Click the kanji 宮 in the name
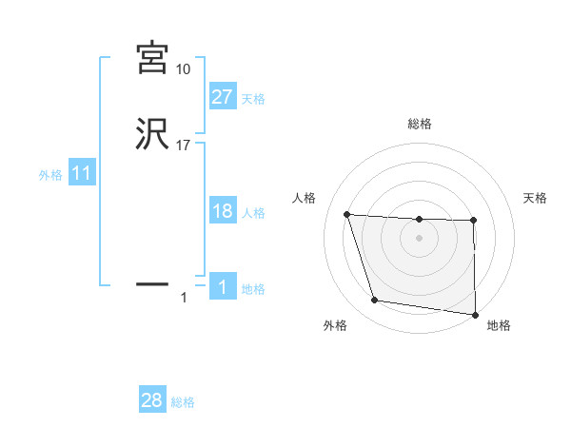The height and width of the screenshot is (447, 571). coord(152,59)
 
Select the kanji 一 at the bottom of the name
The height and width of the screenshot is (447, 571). coord(152,283)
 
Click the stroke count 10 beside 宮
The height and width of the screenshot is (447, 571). coord(183,69)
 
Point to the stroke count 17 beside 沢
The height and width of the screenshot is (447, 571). coord(183,146)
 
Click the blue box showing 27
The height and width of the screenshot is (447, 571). coord(222,97)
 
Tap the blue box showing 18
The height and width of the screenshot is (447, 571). coord(222,211)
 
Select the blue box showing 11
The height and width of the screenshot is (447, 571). coord(81,174)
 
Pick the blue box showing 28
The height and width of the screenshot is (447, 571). coord(151,400)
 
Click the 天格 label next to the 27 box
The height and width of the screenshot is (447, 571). coord(253,98)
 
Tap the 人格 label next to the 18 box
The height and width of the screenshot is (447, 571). coord(253,212)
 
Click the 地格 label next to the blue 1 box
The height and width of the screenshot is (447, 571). coord(253,289)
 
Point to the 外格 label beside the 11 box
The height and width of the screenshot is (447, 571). coord(49,175)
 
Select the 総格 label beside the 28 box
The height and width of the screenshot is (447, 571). coord(183,401)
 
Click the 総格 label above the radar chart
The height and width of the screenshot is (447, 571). coord(419,125)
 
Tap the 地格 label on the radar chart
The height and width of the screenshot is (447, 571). coord(499,326)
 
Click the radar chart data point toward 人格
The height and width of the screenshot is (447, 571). coord(347,214)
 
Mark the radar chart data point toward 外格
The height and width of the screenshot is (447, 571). coord(375,301)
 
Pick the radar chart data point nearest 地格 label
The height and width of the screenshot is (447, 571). coord(475,315)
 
